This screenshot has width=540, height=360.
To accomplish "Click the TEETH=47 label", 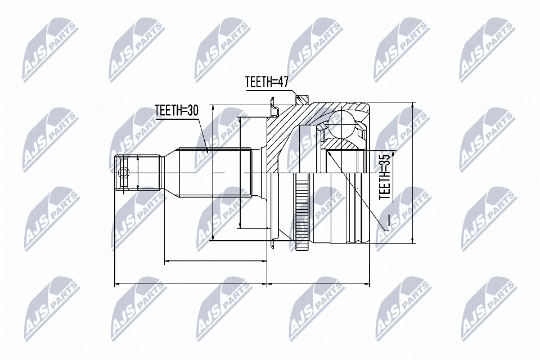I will [x=267, y=83].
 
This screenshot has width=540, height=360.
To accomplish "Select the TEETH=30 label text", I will [x=177, y=111].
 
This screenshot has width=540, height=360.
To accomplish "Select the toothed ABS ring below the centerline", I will [x=303, y=214].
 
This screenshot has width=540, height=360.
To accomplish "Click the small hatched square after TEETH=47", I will [x=302, y=100].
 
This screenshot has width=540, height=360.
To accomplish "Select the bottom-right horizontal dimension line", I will [x=318, y=284].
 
